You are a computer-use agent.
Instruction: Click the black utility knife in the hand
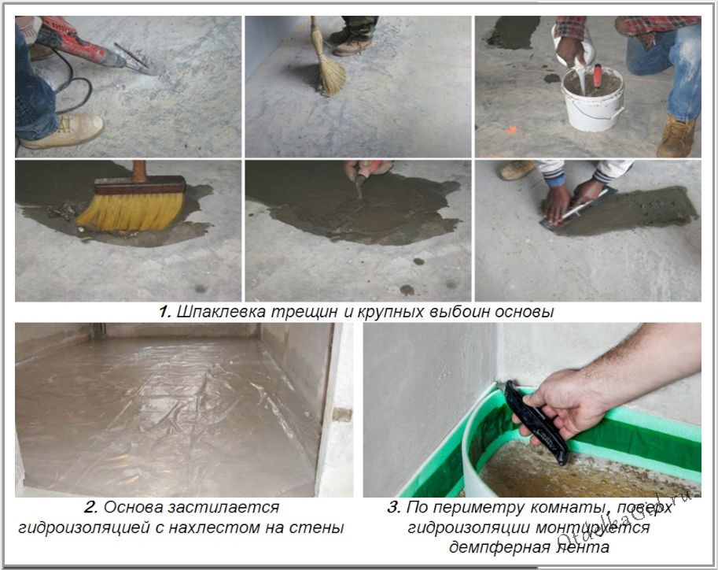(536, 422)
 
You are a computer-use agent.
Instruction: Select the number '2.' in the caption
(90, 508)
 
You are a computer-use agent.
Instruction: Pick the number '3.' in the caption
(393, 508)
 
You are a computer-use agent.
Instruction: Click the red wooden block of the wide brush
(140, 186)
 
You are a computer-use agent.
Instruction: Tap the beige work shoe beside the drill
(63, 131)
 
